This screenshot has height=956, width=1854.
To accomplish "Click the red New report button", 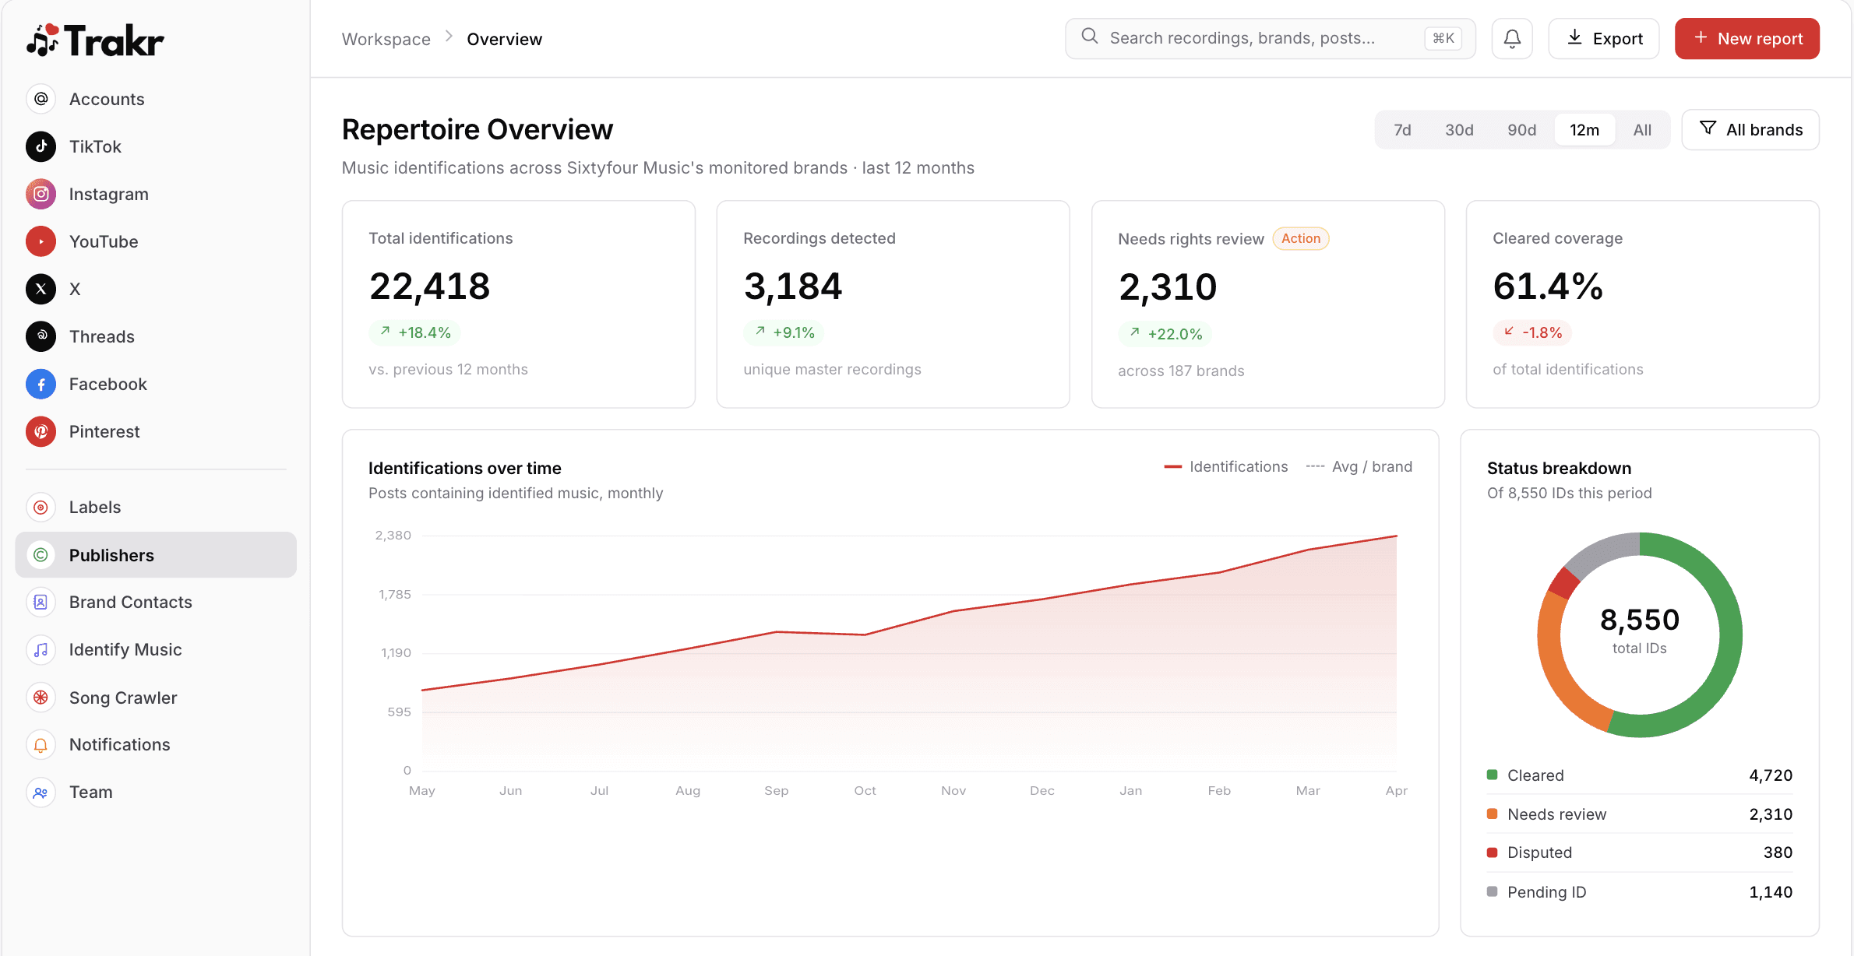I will pos(1746,39).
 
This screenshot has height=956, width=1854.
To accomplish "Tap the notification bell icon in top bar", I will pos(1511,39).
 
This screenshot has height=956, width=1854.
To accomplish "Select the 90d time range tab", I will pos(1521,130).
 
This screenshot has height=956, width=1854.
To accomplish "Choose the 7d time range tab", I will pos(1402,130).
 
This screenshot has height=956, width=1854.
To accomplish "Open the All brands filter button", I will pos(1750,130).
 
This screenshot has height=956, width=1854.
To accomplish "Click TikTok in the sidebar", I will pos(95,146).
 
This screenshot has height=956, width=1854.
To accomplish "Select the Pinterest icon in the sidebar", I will pos(41,431).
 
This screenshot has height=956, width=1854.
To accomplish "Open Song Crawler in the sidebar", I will pos(122,698).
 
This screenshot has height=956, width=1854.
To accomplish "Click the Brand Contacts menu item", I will pos(130,602).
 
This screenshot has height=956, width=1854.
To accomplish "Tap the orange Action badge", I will pos(1300,239).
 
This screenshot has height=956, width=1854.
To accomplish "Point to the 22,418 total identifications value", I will pos(429,286).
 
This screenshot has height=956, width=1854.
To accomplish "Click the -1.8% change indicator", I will pos(1532,333).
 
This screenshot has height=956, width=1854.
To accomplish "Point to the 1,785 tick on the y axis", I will pos(394,595).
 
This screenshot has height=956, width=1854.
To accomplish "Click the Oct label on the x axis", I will pos(865,790).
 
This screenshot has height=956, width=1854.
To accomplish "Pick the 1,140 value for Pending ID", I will pos(1770,892).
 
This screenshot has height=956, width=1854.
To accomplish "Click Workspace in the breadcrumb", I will pos(386,39).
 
